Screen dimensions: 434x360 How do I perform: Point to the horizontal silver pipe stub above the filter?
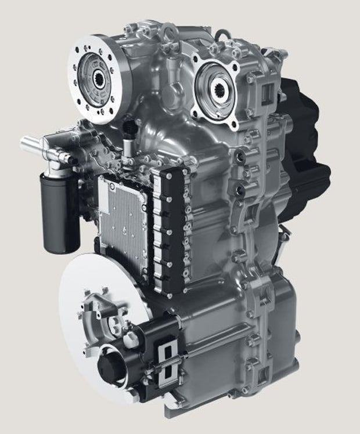[x=36, y=142]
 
